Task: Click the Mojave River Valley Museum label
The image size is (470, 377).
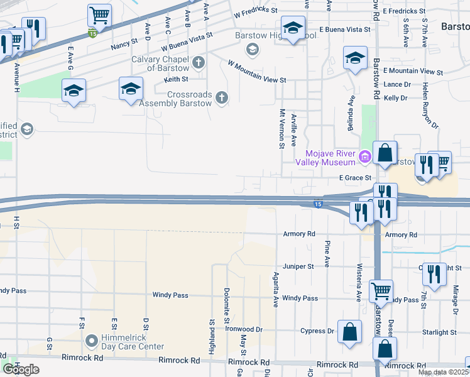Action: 327,158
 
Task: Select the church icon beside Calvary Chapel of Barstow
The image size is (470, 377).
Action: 199,62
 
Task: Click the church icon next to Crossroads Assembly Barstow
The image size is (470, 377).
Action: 221,97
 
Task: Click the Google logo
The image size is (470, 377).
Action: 21,369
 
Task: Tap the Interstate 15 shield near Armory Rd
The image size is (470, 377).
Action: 318,204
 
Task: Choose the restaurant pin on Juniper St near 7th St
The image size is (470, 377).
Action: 434,274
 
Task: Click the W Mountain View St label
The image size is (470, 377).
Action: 256,72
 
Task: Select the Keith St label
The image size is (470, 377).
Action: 176,79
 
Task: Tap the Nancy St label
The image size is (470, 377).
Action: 124,45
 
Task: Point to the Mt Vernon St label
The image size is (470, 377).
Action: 281,129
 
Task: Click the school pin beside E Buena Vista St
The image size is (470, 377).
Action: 292,29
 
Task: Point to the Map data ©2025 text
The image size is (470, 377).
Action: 443,373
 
